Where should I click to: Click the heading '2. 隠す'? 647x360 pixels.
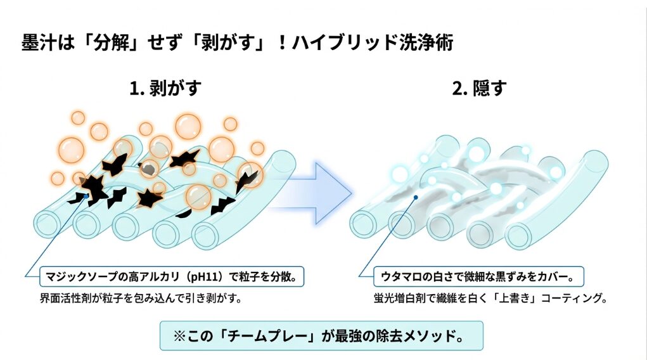click(479, 88)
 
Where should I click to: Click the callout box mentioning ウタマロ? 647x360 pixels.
click(480, 276)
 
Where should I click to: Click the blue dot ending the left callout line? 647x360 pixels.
click(87, 196)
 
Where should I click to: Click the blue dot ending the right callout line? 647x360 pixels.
click(414, 197)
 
